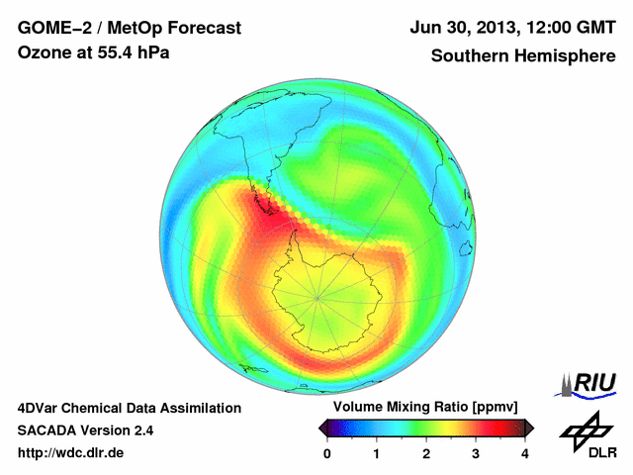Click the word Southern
pyautogui.click(x=469, y=56)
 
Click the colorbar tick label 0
pyautogui.click(x=327, y=453)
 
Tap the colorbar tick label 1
pyautogui.click(x=377, y=453)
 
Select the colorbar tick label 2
pyautogui.click(x=426, y=453)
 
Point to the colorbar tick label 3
pyautogui.click(x=476, y=453)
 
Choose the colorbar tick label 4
pyautogui.click(x=525, y=453)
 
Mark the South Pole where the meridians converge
pyautogui.click(x=317, y=296)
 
